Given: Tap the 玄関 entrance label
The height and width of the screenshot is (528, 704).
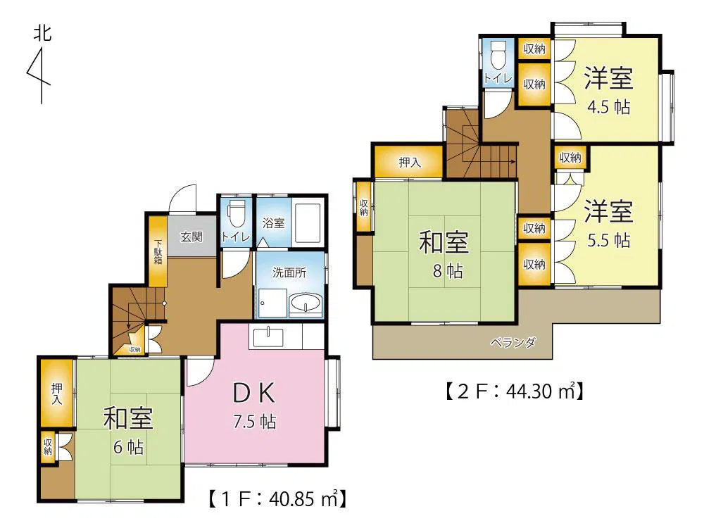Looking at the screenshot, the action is click(191, 237).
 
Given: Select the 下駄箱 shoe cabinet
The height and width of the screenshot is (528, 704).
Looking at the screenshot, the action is click(158, 251).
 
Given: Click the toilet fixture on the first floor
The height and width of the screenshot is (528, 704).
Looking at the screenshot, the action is click(236, 214).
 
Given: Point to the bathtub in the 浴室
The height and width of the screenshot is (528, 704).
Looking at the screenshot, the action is click(308, 224).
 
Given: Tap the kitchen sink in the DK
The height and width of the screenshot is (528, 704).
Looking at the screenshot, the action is click(268, 337).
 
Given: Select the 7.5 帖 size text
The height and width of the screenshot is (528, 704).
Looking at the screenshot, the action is click(254, 422).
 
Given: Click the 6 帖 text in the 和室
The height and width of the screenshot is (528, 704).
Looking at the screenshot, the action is click(128, 447).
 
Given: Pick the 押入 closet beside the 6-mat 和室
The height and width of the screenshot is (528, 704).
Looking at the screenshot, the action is click(57, 394).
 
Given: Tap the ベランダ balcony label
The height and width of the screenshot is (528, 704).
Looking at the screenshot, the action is click(513, 343).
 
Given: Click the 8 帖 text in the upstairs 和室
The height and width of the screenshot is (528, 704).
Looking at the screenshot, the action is click(448, 271).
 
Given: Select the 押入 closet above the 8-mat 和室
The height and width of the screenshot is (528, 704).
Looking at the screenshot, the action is click(410, 162).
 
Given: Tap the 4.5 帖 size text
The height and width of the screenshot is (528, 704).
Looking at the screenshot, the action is click(609, 107).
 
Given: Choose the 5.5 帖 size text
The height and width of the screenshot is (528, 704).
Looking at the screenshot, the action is click(609, 240).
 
